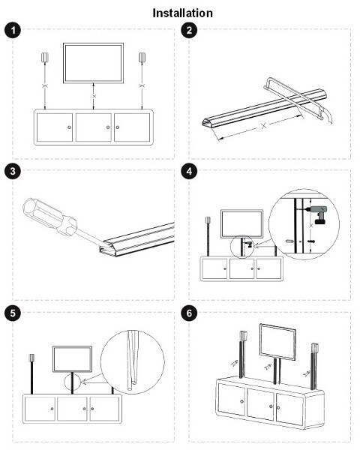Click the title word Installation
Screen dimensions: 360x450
[182, 13]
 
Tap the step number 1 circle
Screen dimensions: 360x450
[13, 30]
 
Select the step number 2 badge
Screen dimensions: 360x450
[189, 30]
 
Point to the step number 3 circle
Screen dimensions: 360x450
[13, 171]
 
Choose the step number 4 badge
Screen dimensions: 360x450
[189, 171]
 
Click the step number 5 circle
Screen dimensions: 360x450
[13, 313]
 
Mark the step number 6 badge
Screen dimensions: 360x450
[189, 313]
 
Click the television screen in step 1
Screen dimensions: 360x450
[93, 63]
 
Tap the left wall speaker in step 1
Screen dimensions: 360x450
[45, 58]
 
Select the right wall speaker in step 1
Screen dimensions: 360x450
[142, 58]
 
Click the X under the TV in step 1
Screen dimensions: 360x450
[94, 96]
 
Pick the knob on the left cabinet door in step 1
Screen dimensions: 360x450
[69, 127]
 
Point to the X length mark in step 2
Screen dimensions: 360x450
[264, 125]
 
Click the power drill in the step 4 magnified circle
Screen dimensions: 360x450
[319, 214]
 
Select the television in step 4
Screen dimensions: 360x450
[241, 223]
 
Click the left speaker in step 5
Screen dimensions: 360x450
[31, 358]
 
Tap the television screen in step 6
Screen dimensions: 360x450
[278, 341]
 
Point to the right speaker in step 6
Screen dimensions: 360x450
[315, 349]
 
